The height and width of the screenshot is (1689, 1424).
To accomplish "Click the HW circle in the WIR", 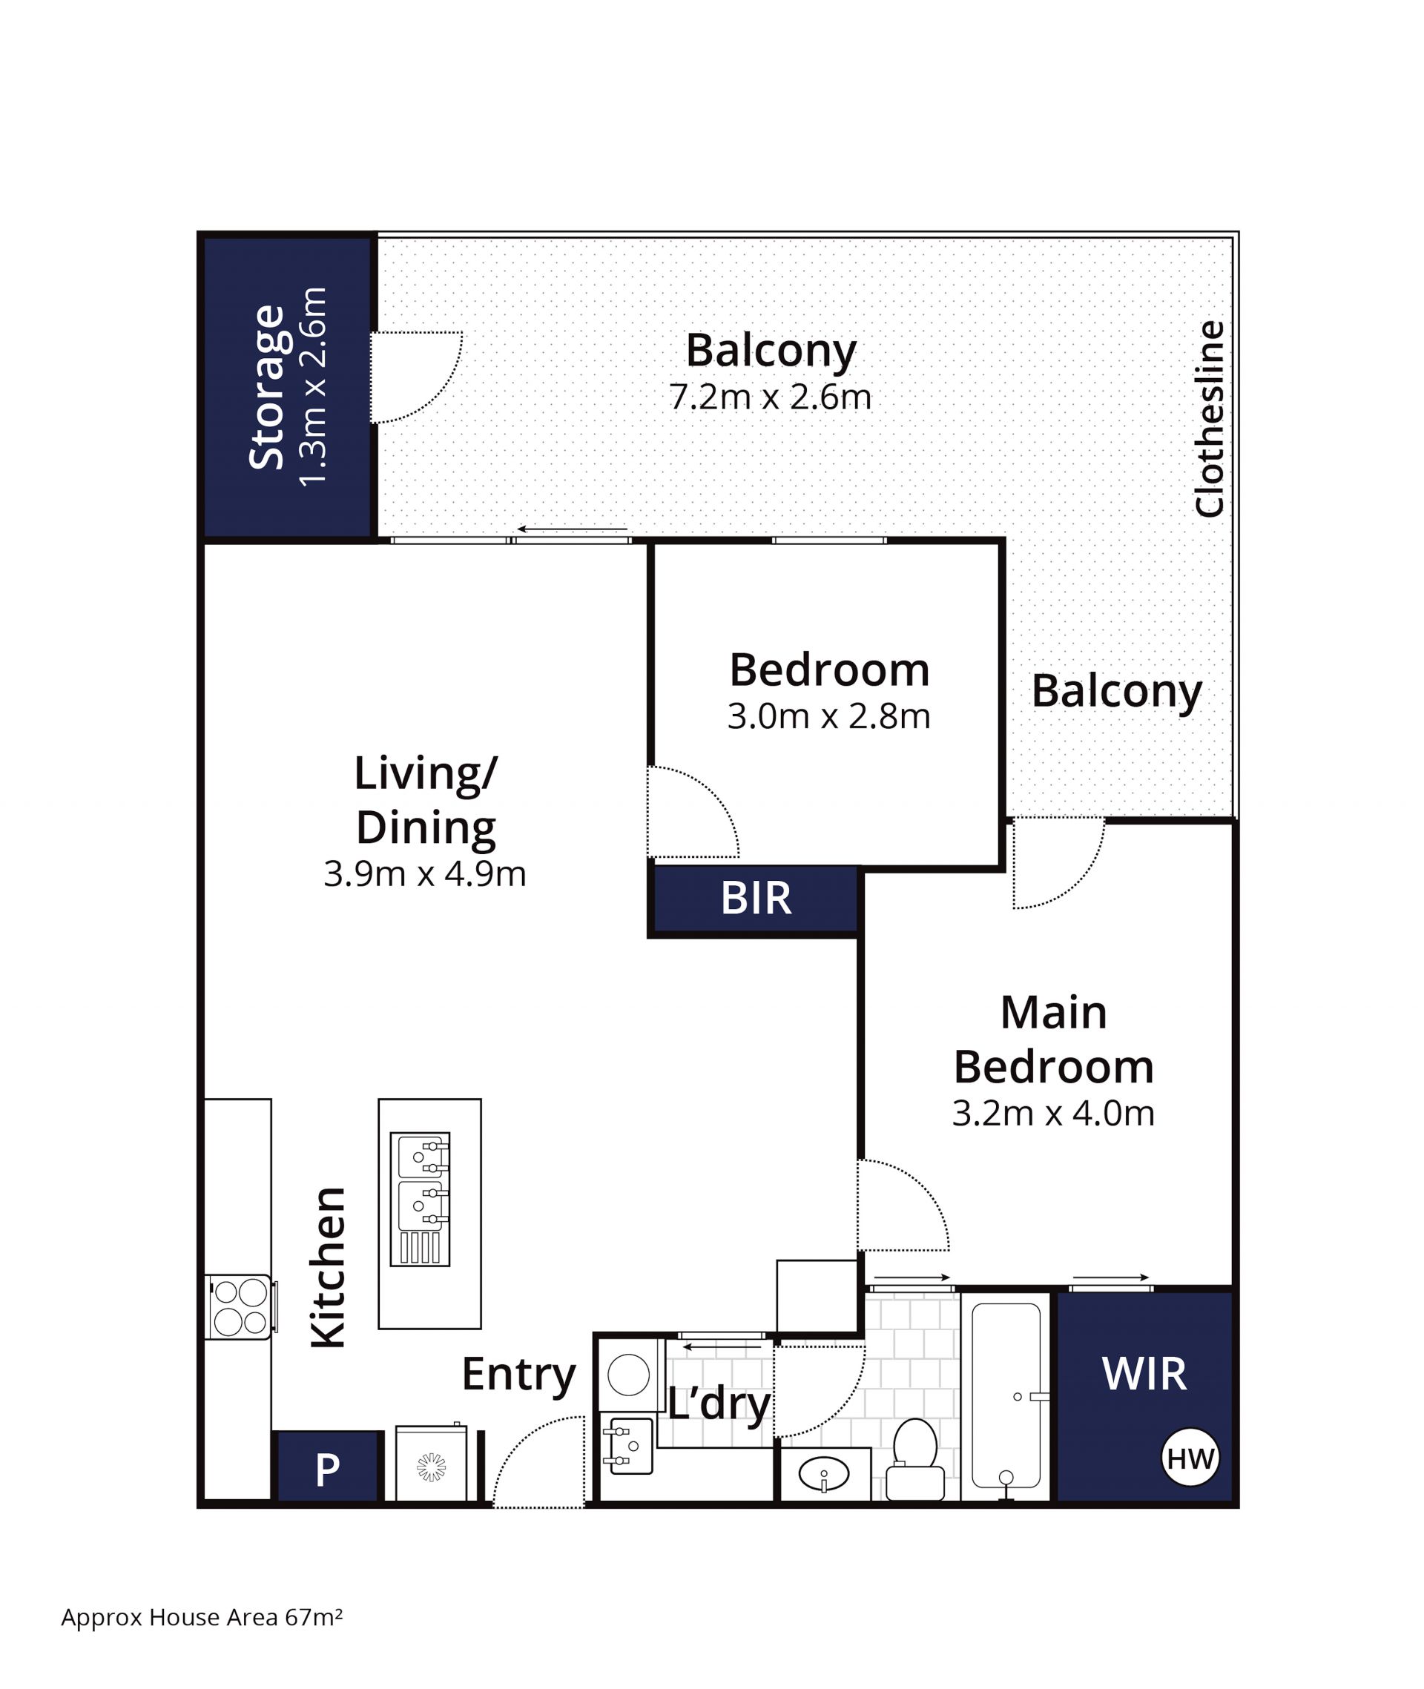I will pyautogui.click(x=1190, y=1459).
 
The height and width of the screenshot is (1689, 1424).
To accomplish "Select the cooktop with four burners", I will pyautogui.click(x=240, y=1307).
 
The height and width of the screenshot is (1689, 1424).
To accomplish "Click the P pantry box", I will pyautogui.click(x=327, y=1470).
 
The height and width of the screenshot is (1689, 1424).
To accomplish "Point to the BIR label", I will pyautogui.click(x=756, y=898).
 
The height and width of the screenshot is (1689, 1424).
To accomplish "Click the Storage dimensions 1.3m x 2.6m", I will pyautogui.click(x=313, y=386).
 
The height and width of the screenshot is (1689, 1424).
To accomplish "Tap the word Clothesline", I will pyautogui.click(x=1208, y=419).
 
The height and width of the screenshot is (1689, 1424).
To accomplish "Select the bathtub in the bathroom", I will pyautogui.click(x=1005, y=1396).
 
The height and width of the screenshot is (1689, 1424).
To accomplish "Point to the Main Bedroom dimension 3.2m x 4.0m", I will pyautogui.click(x=1052, y=1114).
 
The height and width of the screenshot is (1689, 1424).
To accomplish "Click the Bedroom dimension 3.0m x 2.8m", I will pyautogui.click(x=828, y=716).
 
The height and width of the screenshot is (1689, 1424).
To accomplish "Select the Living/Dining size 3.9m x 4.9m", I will pyautogui.click(x=425, y=874).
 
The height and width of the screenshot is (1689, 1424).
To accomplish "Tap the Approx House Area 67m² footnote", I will pyautogui.click(x=202, y=1617).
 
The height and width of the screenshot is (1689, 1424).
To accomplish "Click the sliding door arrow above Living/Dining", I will pyautogui.click(x=572, y=529).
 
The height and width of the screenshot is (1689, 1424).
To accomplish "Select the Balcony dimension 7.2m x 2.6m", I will pyautogui.click(x=770, y=397).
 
